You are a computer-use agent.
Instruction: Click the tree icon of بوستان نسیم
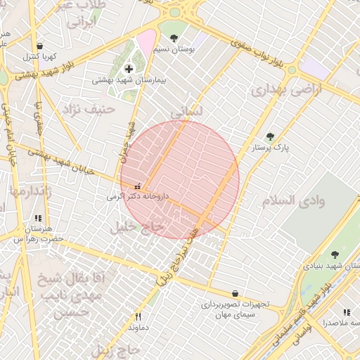click(x=174, y=38)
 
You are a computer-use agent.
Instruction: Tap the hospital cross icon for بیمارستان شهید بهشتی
click(x=128, y=69)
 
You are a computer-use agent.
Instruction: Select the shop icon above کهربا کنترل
click(x=39, y=46)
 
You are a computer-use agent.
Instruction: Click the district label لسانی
click(x=186, y=112)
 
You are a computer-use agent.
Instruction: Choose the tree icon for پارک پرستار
click(x=270, y=136)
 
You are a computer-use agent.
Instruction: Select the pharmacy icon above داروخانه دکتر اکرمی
click(x=136, y=187)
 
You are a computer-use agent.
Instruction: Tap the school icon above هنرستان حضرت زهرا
click(x=37, y=219)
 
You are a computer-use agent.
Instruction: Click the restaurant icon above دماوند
click(x=138, y=316)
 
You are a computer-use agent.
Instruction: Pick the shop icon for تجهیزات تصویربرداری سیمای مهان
click(x=234, y=294)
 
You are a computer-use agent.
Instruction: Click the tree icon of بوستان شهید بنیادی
click(x=334, y=255)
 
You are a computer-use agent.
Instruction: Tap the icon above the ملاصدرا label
click(x=346, y=312)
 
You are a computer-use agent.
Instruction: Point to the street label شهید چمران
click(x=129, y=137)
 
